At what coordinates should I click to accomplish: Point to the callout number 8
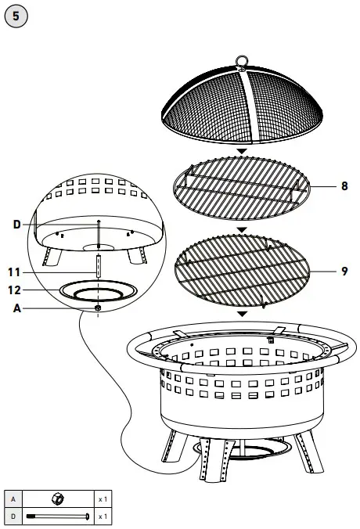(x=344, y=186)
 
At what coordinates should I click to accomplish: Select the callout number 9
(x=344, y=272)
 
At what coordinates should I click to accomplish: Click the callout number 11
(x=14, y=272)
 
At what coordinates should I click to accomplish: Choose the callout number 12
(x=14, y=290)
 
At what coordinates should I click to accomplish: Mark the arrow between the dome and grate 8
(x=242, y=151)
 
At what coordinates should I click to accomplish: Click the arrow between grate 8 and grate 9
(x=242, y=230)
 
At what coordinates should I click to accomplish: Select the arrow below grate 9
(x=242, y=315)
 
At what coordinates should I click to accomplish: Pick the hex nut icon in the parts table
(x=57, y=498)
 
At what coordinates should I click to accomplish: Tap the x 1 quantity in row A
(x=103, y=498)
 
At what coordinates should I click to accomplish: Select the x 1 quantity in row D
(x=103, y=516)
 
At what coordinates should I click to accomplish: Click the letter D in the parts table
(x=13, y=516)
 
